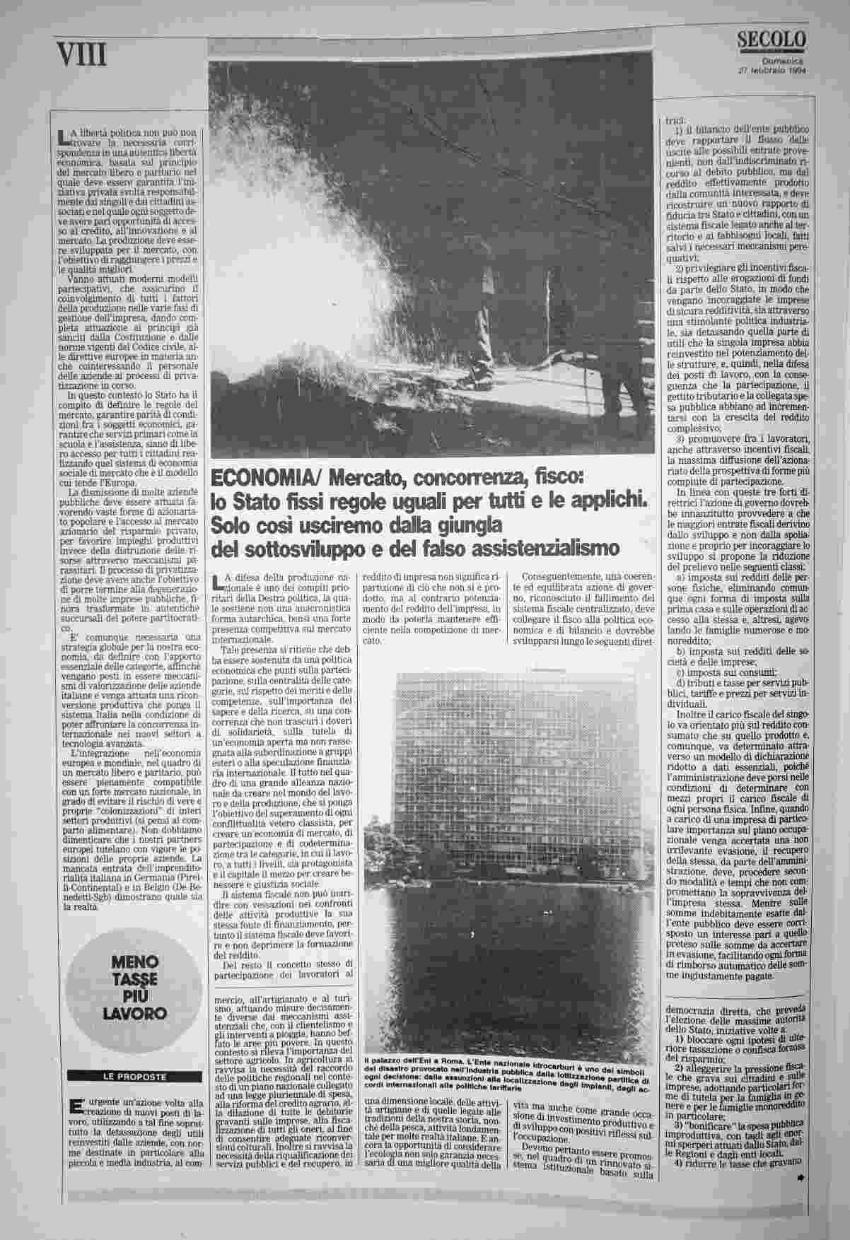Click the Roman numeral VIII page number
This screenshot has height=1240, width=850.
tap(83, 54)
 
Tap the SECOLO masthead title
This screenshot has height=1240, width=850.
tap(771, 40)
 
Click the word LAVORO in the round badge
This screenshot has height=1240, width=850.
tap(133, 1012)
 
